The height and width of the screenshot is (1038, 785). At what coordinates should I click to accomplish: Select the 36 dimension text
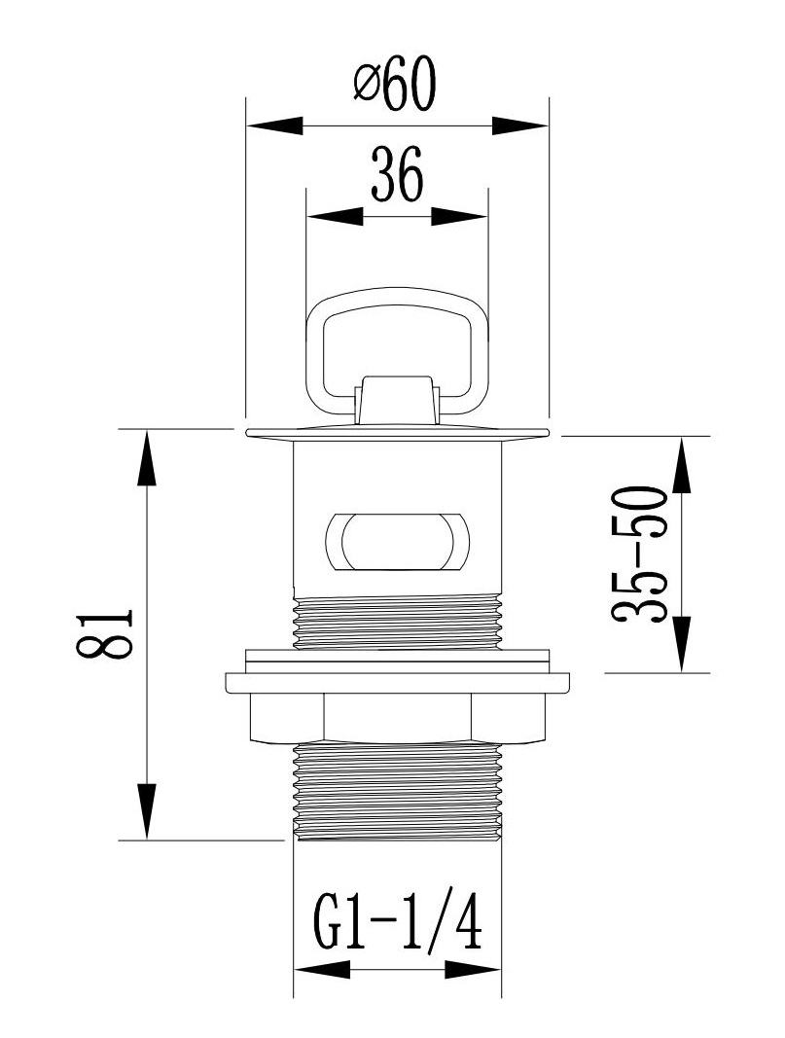click(396, 175)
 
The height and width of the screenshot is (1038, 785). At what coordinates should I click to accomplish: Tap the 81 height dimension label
click(105, 633)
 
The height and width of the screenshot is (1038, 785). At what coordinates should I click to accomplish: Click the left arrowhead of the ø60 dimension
click(274, 125)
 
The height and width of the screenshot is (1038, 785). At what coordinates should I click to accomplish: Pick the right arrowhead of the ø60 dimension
click(519, 125)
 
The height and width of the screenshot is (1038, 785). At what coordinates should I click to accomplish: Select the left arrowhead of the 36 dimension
click(336, 217)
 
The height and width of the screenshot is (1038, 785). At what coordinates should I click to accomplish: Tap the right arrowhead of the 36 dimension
click(459, 217)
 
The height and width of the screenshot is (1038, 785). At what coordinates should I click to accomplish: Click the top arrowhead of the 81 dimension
click(147, 457)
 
